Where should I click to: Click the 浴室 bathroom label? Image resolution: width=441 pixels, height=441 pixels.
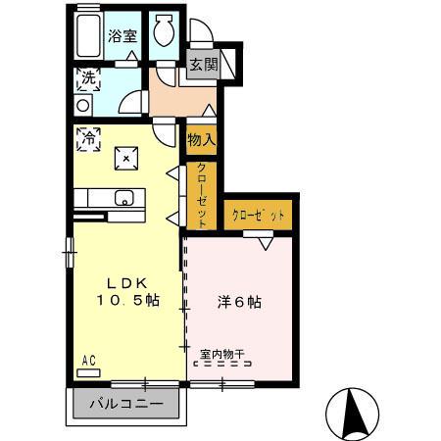124,33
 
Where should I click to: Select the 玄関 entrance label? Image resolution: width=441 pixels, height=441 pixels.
203,66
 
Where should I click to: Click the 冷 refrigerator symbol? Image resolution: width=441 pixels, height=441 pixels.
88,138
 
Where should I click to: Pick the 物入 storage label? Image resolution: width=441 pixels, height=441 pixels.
201,139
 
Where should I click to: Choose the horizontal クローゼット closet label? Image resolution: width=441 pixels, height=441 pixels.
259,214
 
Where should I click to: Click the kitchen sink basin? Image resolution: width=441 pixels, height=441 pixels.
123,199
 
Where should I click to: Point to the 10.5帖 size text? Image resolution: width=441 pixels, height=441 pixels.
126,301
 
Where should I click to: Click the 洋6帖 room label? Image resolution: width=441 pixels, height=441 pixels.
238,301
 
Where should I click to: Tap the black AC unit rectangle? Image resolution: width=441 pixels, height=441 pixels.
89,371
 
